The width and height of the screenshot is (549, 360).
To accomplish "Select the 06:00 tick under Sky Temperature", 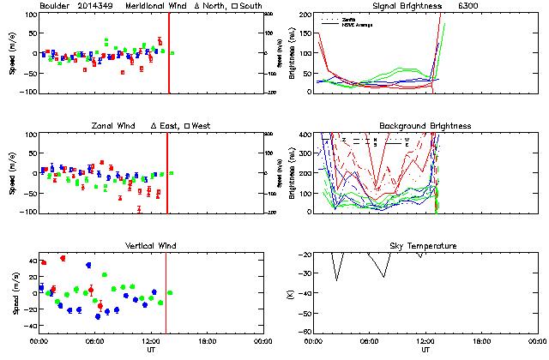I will (x=371, y=340).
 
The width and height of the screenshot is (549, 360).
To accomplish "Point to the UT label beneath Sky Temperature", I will (x=425, y=350).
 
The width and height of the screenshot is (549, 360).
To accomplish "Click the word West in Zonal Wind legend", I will (x=202, y=126).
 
